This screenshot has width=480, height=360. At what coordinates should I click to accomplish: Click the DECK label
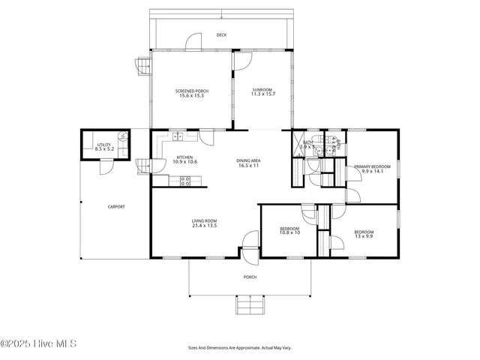221,35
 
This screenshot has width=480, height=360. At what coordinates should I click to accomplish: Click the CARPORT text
116,207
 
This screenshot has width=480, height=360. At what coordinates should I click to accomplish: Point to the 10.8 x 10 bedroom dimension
289,232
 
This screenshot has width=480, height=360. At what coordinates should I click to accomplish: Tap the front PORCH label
250,277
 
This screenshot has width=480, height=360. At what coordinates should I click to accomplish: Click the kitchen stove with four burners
185,180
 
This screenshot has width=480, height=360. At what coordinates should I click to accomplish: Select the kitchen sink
177,136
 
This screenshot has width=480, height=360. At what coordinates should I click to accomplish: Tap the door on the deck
193,42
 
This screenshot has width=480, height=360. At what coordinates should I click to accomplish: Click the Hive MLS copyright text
39,344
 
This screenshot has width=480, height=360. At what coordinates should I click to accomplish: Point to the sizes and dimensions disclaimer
240,348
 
